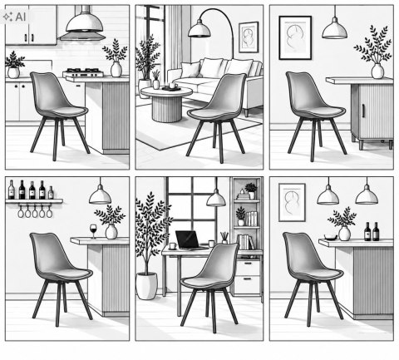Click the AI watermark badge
[14, 17]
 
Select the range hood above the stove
[82, 27]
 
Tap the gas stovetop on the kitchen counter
[83, 72]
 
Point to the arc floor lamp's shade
[199, 29]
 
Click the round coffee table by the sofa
[166, 103]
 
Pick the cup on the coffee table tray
[173, 86]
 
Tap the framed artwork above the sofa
[249, 37]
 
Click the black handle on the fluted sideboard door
[363, 111]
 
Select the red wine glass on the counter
[93, 231]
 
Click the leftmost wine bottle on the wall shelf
[12, 190]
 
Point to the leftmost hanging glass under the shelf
[21, 211]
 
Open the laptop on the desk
[187, 240]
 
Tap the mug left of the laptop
[172, 246]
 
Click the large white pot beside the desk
[147, 286]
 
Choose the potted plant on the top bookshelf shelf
[251, 190]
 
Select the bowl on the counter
[331, 237]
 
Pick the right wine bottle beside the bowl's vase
[376, 231]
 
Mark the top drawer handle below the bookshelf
[248, 264]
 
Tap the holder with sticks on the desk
[224, 238]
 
